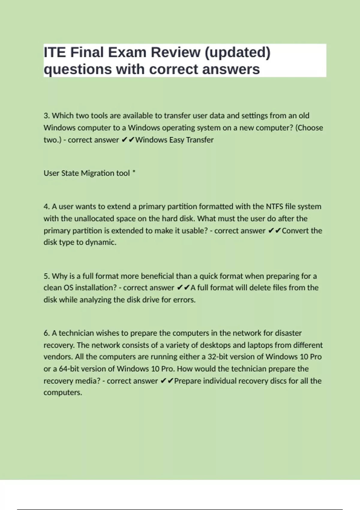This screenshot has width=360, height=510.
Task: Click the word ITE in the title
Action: coord(55,52)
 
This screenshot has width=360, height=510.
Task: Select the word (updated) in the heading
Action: coord(237,52)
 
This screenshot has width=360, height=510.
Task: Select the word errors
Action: coord(184,300)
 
